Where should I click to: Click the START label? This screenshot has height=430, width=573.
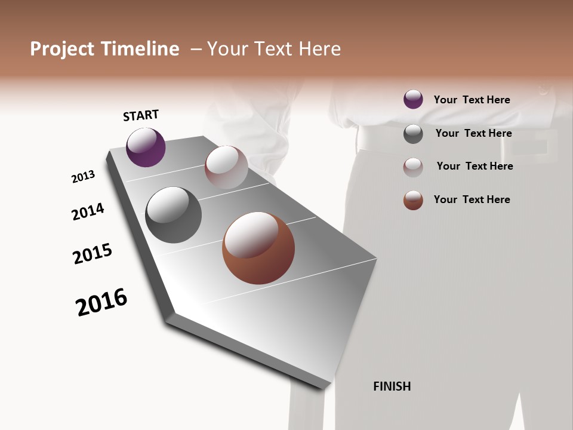pos(141,115)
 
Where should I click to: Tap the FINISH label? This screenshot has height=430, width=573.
pos(392,386)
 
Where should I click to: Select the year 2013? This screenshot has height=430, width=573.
pos(83,177)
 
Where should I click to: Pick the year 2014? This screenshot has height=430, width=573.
pos(88,211)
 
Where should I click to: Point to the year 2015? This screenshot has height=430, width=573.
pos(93,254)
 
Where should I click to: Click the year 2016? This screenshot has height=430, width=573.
pos(101,302)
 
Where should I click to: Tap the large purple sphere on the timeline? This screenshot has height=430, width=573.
pos(146,147)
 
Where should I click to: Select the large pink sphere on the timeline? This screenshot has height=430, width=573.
pos(226,167)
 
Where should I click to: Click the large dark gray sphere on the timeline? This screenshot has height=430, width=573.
pos(173,215)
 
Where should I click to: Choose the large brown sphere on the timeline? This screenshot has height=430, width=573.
pos(258,248)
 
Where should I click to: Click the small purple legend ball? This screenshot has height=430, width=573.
pos(413,99)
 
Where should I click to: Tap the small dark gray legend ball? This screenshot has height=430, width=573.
pos(413,134)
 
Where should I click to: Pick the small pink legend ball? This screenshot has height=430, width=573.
pos(413,167)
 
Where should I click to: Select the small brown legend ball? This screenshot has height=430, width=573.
pos(413,200)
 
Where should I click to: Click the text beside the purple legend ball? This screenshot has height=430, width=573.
pos(472,100)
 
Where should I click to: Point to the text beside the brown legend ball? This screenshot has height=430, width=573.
pos(472,199)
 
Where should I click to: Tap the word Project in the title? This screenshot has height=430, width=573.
pos(60,49)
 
